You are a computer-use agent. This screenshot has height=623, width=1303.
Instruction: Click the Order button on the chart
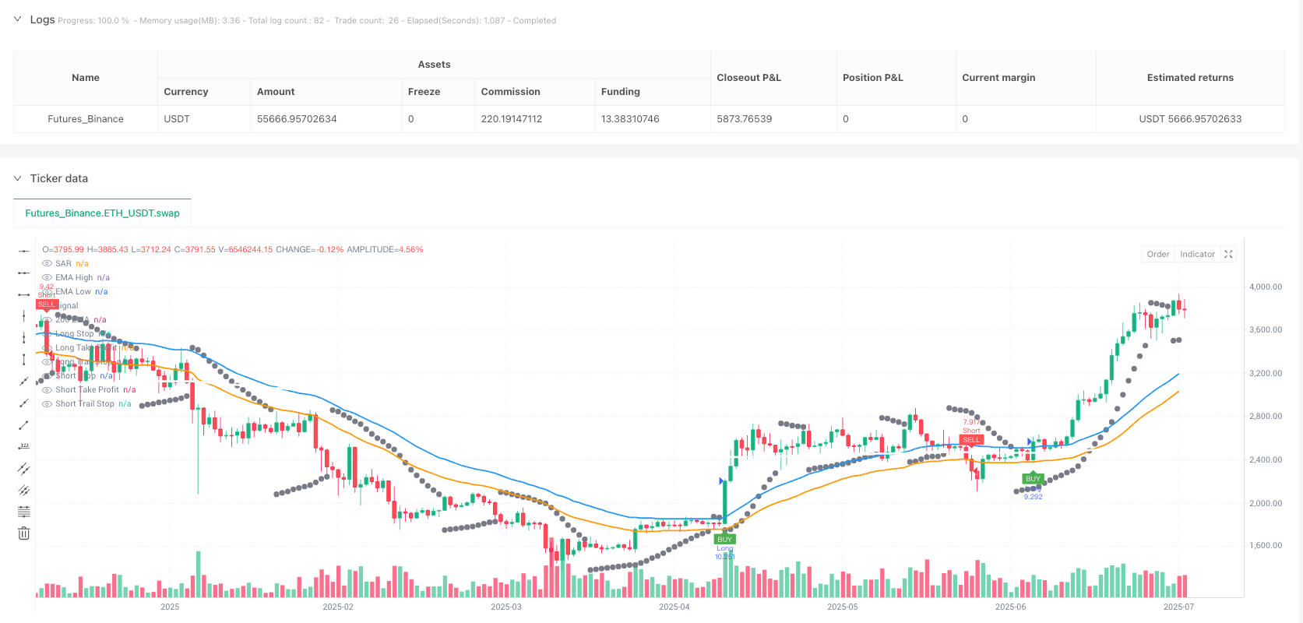1157,254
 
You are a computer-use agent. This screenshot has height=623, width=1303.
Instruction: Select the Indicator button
1197,254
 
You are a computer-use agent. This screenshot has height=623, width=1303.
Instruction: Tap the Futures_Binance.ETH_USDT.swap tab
102,213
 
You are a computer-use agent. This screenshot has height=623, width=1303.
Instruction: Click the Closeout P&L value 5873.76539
744,119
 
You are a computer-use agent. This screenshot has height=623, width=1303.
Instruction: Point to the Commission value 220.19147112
511,119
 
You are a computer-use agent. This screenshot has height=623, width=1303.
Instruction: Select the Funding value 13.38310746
629,119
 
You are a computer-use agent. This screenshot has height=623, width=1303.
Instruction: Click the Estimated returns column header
1189,78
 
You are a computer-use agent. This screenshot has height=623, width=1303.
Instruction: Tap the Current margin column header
998,78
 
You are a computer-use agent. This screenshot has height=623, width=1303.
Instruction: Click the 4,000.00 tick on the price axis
1265,287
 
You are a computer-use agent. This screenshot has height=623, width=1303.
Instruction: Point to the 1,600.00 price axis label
1265,545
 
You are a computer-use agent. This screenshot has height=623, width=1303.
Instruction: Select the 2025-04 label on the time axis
674,607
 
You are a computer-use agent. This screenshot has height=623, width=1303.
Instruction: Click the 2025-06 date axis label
1010,607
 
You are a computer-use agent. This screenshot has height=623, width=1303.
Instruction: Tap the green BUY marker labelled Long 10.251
724,539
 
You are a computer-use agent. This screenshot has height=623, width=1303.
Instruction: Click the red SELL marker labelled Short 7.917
971,440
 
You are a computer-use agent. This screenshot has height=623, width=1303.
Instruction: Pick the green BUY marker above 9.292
1033,479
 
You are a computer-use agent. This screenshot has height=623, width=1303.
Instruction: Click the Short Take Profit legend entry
87,389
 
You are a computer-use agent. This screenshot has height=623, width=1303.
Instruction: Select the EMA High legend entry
74,277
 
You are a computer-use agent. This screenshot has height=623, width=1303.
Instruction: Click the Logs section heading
42,19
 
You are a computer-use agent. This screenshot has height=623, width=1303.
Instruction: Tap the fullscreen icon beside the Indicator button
1228,254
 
